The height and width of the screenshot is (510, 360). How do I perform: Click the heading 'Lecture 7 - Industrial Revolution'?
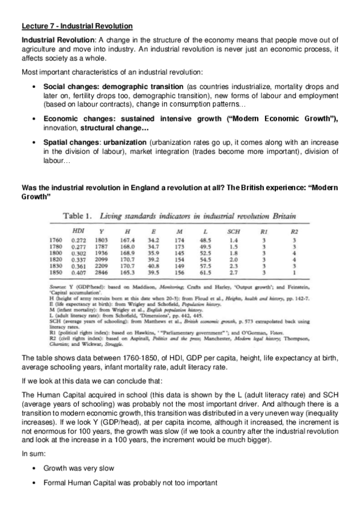pos(77,26)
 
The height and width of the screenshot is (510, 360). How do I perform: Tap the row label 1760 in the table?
pos(54,240)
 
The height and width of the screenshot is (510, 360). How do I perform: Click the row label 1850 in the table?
pos(54,272)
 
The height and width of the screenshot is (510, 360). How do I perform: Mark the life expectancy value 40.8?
pos(153,265)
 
